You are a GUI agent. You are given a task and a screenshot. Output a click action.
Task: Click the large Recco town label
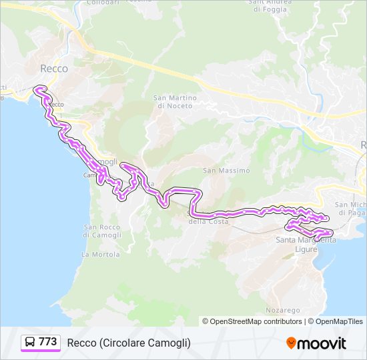click(54, 68)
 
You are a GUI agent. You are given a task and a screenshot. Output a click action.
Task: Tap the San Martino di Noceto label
click(175, 101)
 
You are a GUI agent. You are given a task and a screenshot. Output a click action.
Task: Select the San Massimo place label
click(226, 171)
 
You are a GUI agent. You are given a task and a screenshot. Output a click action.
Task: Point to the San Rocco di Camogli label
click(103, 231)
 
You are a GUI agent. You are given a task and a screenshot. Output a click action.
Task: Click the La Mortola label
click(101, 255)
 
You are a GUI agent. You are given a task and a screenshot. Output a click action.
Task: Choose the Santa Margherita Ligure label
click(306, 244)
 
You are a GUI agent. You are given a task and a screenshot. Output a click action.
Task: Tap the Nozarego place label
click(284, 311)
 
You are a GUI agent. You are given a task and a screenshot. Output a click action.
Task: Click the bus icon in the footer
click(30, 343)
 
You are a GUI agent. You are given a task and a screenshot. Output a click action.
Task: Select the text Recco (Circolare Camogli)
click(129, 343)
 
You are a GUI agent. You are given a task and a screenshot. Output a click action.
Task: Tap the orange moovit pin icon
click(292, 343)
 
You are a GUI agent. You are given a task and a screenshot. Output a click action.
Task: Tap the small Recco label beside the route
click(57, 104)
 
